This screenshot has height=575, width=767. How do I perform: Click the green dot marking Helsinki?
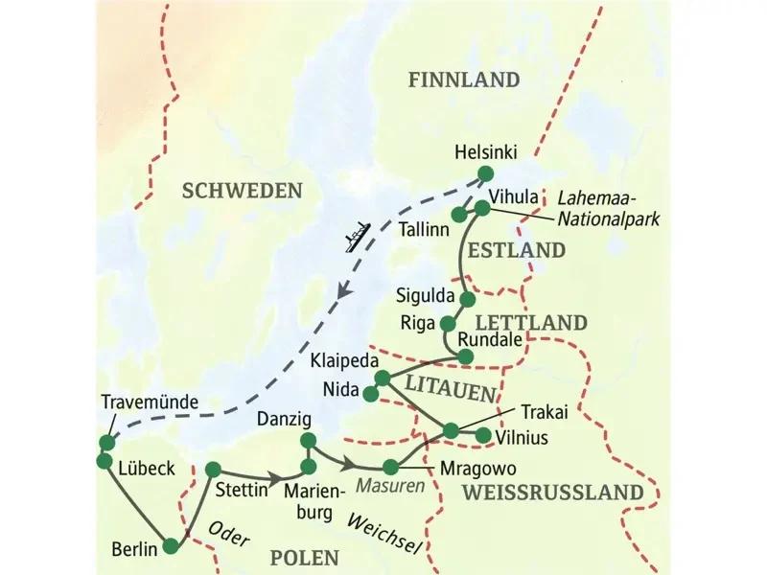[484, 173]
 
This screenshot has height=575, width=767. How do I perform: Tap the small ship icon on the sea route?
[356, 235]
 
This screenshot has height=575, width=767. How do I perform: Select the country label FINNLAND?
[463, 80]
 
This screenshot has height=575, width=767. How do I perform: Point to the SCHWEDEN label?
[242, 191]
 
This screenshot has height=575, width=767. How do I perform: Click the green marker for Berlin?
[171, 546]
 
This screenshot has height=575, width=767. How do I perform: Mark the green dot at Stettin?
[213, 469]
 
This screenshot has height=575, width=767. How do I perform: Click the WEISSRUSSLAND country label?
[550, 493]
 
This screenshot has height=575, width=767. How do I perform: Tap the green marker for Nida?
[371, 392]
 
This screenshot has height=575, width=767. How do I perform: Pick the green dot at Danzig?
[308, 440]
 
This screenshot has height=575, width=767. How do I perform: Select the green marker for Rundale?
[466, 356]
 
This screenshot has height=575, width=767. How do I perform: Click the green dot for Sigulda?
[467, 299]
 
